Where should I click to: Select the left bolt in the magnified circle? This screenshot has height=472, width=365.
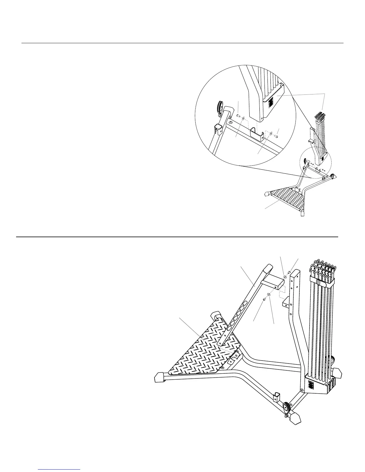pyautogui.click(x=238, y=115)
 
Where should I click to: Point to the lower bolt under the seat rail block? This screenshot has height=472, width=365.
pyautogui.click(x=264, y=299)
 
